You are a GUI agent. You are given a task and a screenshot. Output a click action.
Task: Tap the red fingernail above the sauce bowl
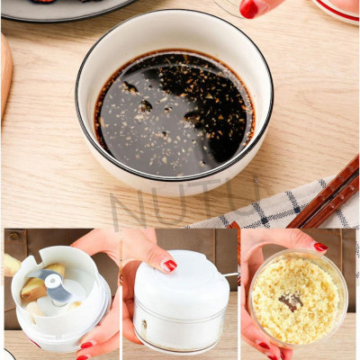pyautogui.click(x=249, y=8)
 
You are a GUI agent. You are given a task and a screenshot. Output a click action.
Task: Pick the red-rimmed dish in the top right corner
pyautogui.click(x=338, y=9)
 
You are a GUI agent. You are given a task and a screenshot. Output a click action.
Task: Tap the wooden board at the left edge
pyautogui.click(x=5, y=72)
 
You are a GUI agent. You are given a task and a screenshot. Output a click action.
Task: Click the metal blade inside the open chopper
pyautogui.click(x=56, y=287)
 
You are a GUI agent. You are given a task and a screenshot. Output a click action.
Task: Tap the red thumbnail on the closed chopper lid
pyautogui.click(x=169, y=265)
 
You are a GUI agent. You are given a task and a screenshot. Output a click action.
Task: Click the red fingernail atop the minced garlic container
pyautogui.click(x=320, y=247)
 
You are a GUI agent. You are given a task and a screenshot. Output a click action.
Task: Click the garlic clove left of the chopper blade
pyautogui.click(x=34, y=290)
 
